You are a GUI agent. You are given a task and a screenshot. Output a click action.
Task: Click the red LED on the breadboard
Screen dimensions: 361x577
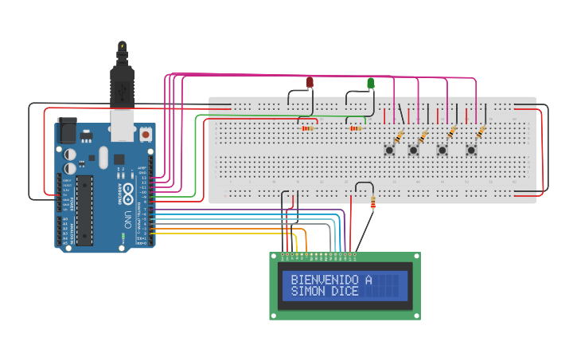click(x=310, y=82)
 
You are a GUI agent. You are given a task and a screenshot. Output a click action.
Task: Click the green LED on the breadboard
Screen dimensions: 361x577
click(x=371, y=83)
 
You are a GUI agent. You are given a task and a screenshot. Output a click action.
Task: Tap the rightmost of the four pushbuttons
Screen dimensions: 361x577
click(x=471, y=149)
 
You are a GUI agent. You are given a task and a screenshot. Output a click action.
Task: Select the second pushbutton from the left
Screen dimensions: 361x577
click(x=414, y=149)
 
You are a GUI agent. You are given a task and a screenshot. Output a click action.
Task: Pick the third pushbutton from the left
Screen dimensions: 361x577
click(x=442, y=149)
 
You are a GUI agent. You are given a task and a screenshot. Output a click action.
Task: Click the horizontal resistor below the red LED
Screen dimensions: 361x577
click(x=307, y=128)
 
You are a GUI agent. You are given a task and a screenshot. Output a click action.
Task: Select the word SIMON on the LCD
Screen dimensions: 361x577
click(x=306, y=292)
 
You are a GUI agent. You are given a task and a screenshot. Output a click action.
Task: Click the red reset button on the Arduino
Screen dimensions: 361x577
click(x=146, y=135)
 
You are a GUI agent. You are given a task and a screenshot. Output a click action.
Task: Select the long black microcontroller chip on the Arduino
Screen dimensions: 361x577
click(x=84, y=210)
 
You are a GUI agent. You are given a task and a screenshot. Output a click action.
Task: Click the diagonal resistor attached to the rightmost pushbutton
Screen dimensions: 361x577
click(x=480, y=131)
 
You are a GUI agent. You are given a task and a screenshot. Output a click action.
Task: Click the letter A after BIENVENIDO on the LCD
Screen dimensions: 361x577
click(x=368, y=280)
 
